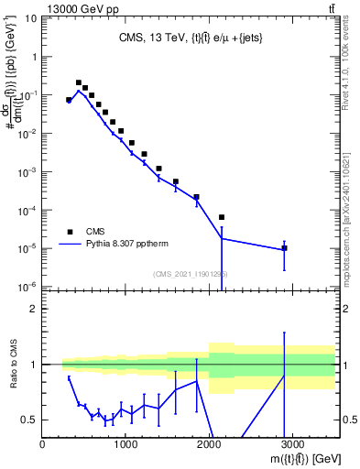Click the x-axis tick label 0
[x=43, y=443]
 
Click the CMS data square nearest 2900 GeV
[x=284, y=248]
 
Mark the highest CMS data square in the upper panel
[x=79, y=82]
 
